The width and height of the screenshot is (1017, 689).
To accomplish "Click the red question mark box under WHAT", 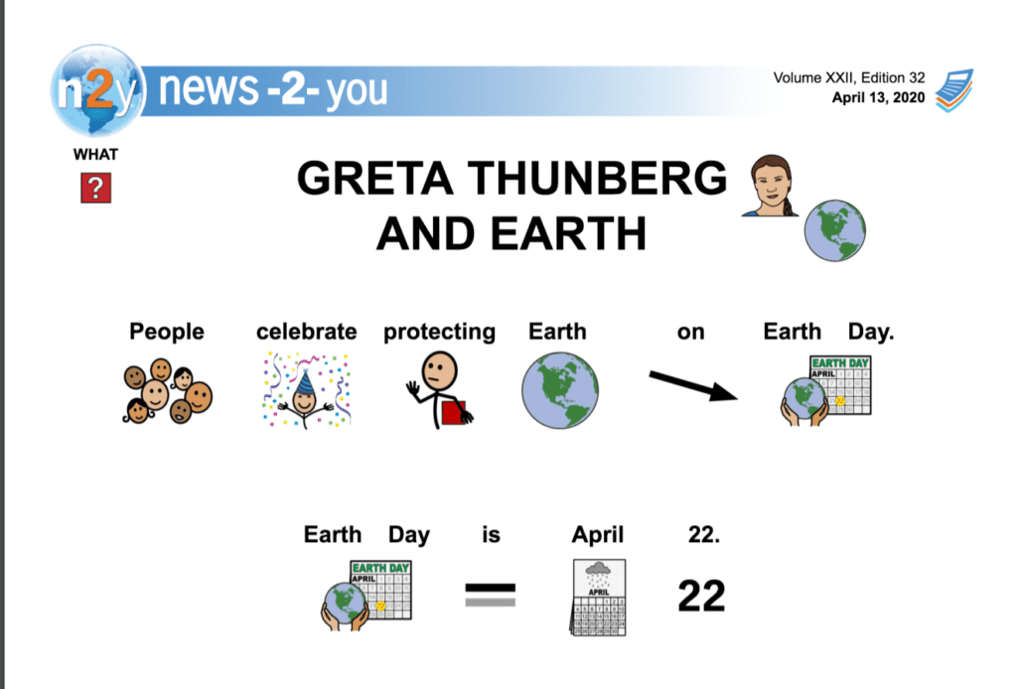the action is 96,188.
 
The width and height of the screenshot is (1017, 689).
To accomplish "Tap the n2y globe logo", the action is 98,90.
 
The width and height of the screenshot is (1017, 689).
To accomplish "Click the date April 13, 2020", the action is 878,98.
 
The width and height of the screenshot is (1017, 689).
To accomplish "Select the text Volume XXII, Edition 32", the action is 849,77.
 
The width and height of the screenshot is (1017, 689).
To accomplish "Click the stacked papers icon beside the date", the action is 954,90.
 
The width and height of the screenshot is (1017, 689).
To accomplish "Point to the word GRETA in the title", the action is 374,179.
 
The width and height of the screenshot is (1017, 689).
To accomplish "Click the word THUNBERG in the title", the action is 597,179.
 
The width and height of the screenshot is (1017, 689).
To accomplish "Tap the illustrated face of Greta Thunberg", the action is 771,186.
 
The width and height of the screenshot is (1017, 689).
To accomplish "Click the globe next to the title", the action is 834,230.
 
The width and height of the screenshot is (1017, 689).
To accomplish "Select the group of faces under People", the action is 168,391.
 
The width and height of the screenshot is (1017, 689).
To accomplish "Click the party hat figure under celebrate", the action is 306,390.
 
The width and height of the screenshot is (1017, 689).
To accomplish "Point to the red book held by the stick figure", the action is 454,413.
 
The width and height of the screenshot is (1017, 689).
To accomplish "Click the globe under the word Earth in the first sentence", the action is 560,390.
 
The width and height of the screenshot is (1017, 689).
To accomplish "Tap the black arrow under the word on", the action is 693,386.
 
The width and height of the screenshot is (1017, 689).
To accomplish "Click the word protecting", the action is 439,333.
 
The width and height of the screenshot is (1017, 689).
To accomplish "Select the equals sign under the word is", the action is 491,595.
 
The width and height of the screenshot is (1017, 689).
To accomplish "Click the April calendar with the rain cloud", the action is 599,598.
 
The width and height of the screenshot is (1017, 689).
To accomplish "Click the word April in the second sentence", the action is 597,535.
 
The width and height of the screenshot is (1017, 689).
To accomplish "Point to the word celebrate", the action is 306,332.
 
